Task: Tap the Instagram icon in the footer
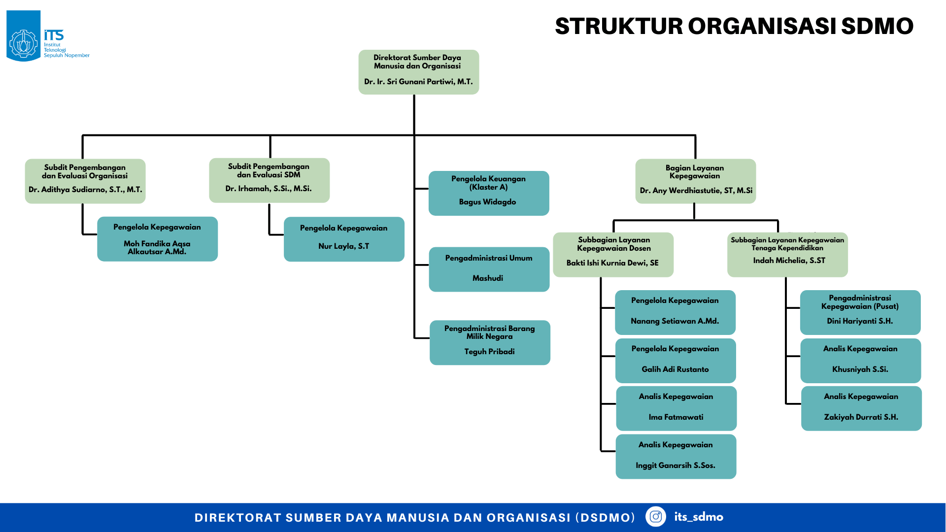point(655,517)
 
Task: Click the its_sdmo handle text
point(699,517)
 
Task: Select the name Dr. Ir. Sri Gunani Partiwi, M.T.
point(418,82)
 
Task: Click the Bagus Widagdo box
point(489,193)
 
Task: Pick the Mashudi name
point(488,278)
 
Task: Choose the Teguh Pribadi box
point(490,343)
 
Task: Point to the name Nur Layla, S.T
point(343,246)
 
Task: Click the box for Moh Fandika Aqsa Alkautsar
point(157,239)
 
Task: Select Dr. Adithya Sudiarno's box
point(85,181)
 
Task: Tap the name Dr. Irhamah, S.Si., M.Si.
point(269,189)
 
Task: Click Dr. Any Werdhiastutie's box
point(695,181)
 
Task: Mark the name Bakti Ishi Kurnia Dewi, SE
point(612,263)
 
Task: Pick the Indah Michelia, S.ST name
point(789,261)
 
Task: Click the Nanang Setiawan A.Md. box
point(675,312)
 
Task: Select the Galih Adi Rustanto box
point(676,361)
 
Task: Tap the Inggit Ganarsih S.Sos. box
point(676,457)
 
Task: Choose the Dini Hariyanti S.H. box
point(860,312)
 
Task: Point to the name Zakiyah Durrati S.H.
point(861,417)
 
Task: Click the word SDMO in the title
point(877,27)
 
